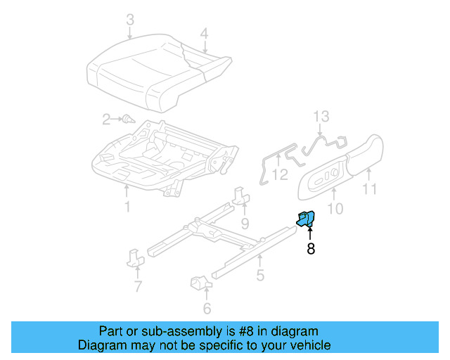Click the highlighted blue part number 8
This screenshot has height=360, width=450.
pyautogui.click(x=305, y=219)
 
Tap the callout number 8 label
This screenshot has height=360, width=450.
pyautogui.click(x=310, y=248)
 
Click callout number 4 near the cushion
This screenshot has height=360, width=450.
pyautogui.click(x=204, y=33)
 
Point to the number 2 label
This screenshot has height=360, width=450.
pyautogui.click(x=106, y=120)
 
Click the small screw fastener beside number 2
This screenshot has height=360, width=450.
pyautogui.click(x=127, y=120)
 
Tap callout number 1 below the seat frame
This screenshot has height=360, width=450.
pyautogui.click(x=127, y=207)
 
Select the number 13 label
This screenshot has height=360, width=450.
pyautogui.click(x=321, y=116)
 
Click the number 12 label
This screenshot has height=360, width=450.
pyautogui.click(x=280, y=174)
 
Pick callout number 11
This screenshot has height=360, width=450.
pyautogui.click(x=370, y=188)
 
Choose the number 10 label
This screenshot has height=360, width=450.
pyautogui.click(x=335, y=208)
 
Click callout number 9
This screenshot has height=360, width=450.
pyautogui.click(x=245, y=224)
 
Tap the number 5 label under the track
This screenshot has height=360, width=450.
pyautogui.click(x=260, y=276)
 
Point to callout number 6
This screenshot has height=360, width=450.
pyautogui.click(x=207, y=308)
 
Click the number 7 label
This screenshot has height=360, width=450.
pyautogui.click(x=138, y=286)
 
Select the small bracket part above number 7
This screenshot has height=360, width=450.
pyautogui.click(x=136, y=257)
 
